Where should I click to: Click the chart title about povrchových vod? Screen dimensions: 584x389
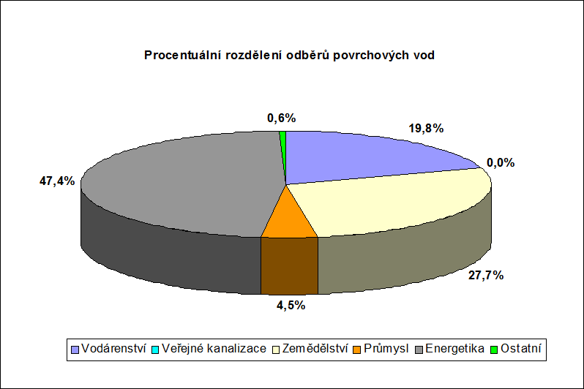point(289,55)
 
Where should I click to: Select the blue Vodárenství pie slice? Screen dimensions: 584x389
point(365,156)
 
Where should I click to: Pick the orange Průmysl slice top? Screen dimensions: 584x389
point(288,222)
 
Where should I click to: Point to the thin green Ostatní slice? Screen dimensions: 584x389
point(283,149)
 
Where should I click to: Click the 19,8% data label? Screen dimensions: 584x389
point(426,129)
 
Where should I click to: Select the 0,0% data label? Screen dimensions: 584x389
point(501,162)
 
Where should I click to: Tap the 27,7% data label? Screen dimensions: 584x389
point(486,276)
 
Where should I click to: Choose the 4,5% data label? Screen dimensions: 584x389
point(291,305)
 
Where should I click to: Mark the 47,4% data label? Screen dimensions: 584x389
point(57,181)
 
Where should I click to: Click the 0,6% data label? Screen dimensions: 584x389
point(282,118)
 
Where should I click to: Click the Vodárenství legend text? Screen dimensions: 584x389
point(113,349)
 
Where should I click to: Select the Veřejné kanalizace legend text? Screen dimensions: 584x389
point(214,349)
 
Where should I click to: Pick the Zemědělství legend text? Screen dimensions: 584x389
point(315,349)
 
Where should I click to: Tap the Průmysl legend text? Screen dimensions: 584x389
point(386,349)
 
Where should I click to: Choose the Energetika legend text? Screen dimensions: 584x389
point(454,349)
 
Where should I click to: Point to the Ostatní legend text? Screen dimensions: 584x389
point(520,349)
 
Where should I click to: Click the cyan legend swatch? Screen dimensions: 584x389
point(155,350)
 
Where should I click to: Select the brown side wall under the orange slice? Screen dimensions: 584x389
point(289,265)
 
